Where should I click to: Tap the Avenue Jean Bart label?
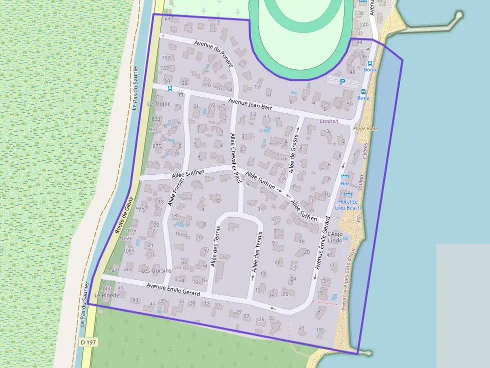(x=250, y=104)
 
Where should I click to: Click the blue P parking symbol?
(x=342, y=82)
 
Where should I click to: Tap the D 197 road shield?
(x=88, y=343)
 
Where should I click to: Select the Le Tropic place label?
(x=158, y=104)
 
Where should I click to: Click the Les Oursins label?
(x=156, y=271)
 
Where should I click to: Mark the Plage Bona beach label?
(x=365, y=128)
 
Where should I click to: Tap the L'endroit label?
(x=328, y=121)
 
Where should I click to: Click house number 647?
(x=168, y=18)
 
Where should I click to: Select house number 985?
(x=140, y=209)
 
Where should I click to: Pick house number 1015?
(x=130, y=231)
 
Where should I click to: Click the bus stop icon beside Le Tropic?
(x=170, y=88)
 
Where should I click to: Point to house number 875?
(x=157, y=146)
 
